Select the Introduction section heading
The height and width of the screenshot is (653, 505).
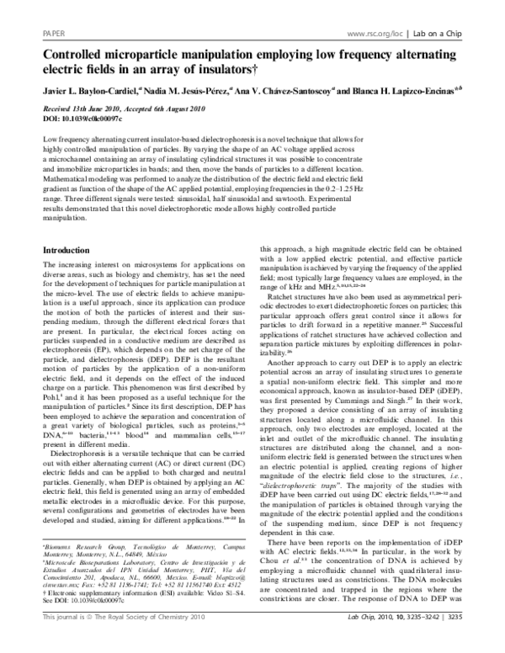click(70, 252)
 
